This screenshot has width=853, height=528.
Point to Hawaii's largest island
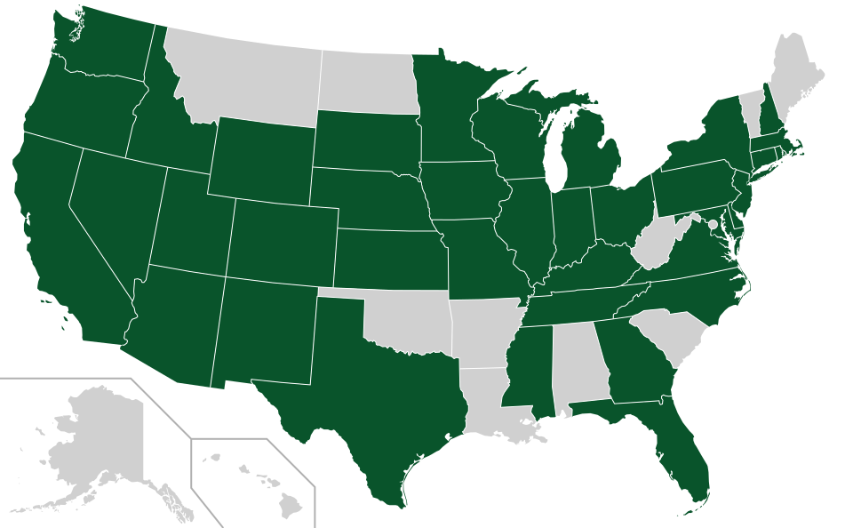(290, 505)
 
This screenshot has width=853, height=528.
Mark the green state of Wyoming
(262, 156)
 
